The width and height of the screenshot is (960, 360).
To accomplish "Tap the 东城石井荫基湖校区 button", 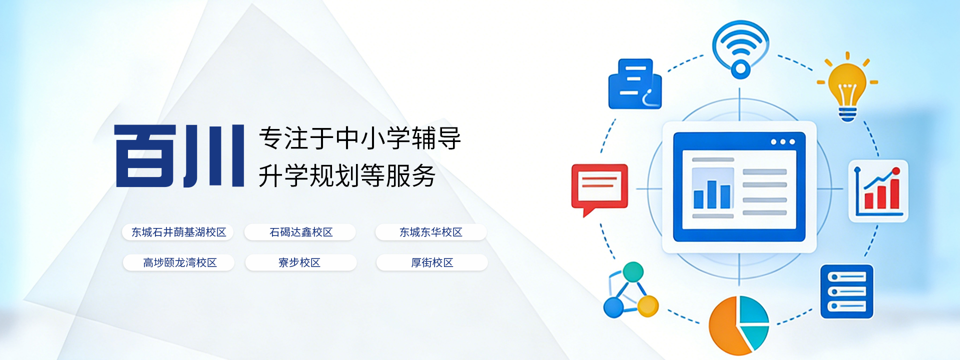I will tap(178, 232).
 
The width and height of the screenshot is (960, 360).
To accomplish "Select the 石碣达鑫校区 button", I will tap(300, 232).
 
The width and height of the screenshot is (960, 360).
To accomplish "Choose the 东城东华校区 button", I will tap(430, 232).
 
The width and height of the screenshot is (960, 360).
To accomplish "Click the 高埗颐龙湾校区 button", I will tap(179, 262).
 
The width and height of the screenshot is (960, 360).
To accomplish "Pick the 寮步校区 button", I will tap(300, 262).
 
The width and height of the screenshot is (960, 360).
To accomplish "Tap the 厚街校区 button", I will tap(431, 262).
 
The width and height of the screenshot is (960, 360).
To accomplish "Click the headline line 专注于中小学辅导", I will tap(360, 138).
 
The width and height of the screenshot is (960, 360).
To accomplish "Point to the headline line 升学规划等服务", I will tap(347, 175).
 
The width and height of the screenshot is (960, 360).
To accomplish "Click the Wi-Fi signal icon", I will tap(740, 49).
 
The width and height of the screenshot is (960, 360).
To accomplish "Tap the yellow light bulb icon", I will tap(847, 86).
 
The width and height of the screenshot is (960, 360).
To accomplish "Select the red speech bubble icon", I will tap(599, 188).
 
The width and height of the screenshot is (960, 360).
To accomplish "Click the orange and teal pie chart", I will tap(738, 324).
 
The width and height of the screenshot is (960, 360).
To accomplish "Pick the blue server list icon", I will tap(846, 291).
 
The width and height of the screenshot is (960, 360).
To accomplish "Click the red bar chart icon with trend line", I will tap(878, 190).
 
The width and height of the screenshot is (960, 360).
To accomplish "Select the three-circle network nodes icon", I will tap(630, 291).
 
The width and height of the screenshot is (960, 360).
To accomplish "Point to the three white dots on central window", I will tap(782, 142).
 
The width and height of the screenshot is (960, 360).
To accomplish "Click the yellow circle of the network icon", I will tap(647, 305).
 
